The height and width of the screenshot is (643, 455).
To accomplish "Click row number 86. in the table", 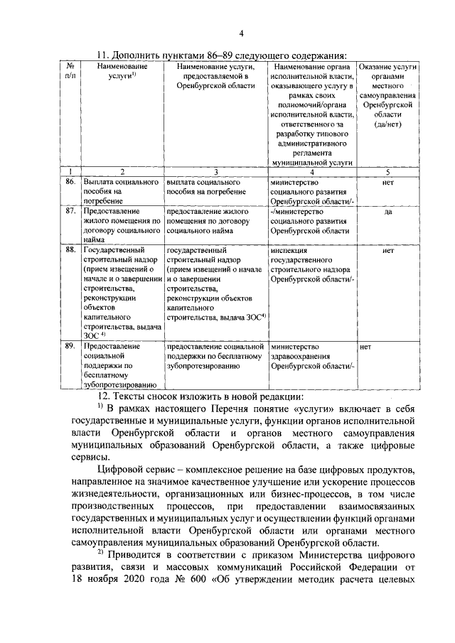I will (x=70, y=183).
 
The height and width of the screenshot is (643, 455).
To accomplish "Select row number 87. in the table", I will (x=70, y=211).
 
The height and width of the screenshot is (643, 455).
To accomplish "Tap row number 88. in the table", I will (x=70, y=251).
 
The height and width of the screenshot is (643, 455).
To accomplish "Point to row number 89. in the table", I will (x=70, y=346).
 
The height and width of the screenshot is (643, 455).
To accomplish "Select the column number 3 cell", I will (x=215, y=172).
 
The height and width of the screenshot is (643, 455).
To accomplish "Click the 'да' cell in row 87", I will (x=388, y=211).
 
